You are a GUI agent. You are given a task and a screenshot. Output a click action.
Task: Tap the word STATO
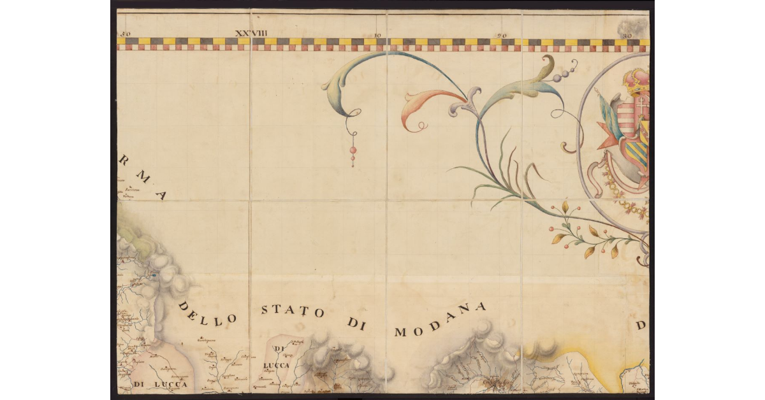click(293, 311)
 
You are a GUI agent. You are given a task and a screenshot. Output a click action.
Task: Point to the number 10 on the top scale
click(379, 36)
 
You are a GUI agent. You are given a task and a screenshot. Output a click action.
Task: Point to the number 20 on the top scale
click(502, 36)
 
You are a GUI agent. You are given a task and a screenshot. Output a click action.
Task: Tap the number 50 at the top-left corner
click(124, 34)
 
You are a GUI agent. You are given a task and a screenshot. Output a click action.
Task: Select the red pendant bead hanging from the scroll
click(352, 150)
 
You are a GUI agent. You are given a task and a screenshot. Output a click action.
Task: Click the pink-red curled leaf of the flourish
click(424, 102)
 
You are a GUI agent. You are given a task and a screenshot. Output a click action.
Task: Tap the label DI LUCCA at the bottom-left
click(161, 384)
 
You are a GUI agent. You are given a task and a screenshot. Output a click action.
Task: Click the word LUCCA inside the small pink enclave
click(277, 366)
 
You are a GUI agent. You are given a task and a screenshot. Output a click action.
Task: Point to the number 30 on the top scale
click(627, 36)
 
